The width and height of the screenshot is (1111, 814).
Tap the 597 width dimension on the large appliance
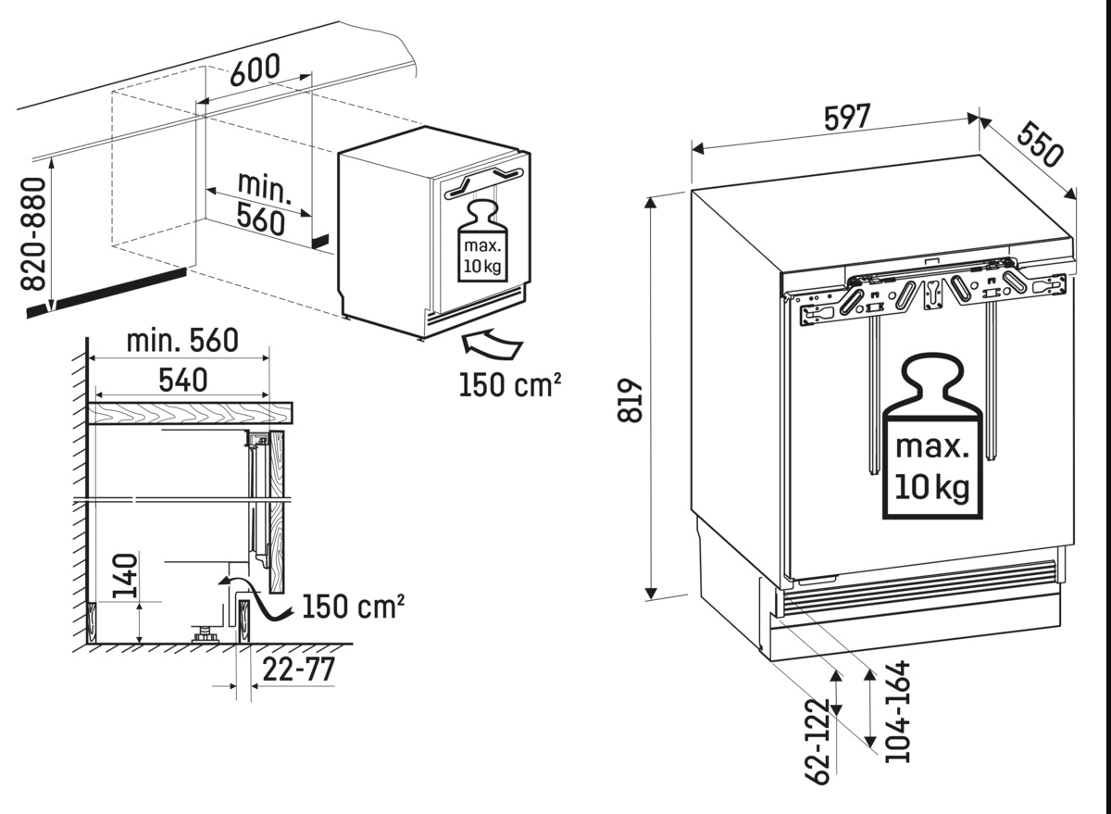click(x=847, y=118)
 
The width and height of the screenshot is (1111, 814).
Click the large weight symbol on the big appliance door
click(x=931, y=441)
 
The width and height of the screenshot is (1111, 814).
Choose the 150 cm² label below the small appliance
click(x=510, y=383)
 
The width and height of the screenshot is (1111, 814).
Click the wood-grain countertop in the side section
click(x=191, y=412)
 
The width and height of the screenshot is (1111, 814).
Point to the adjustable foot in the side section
click(x=201, y=635)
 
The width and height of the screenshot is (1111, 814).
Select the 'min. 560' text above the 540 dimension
click(x=182, y=341)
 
